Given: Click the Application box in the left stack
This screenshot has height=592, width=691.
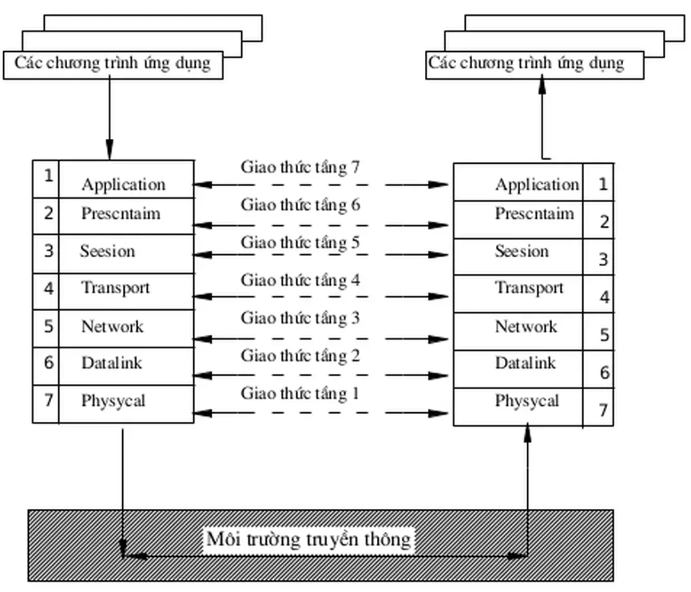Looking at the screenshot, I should (123, 184).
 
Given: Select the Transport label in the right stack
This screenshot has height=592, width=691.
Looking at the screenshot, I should (529, 288).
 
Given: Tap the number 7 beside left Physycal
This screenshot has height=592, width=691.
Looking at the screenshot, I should (49, 401).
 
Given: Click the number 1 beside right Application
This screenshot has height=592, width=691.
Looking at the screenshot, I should (602, 185).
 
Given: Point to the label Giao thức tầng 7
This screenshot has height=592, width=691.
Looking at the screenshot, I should (300, 168).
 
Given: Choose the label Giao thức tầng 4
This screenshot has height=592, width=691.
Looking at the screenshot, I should (300, 280).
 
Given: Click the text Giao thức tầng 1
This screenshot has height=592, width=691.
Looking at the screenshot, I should (300, 394).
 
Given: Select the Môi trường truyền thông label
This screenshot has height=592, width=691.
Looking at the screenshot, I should (309, 539).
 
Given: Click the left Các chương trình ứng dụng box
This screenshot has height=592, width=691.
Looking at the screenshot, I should (113, 64).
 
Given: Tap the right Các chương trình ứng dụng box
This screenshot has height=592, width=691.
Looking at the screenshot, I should (527, 64).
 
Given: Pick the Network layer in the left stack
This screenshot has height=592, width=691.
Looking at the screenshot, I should (113, 326).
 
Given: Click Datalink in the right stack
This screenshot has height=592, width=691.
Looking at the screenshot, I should (525, 364).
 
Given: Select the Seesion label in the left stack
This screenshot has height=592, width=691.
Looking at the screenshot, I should (107, 251).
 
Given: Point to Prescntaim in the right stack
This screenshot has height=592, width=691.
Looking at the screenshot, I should (534, 213).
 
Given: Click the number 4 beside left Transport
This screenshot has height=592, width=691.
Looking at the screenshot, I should (49, 288).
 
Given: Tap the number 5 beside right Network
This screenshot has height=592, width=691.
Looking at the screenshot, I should (604, 335).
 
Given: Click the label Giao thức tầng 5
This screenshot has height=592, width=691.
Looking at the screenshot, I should (300, 243).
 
